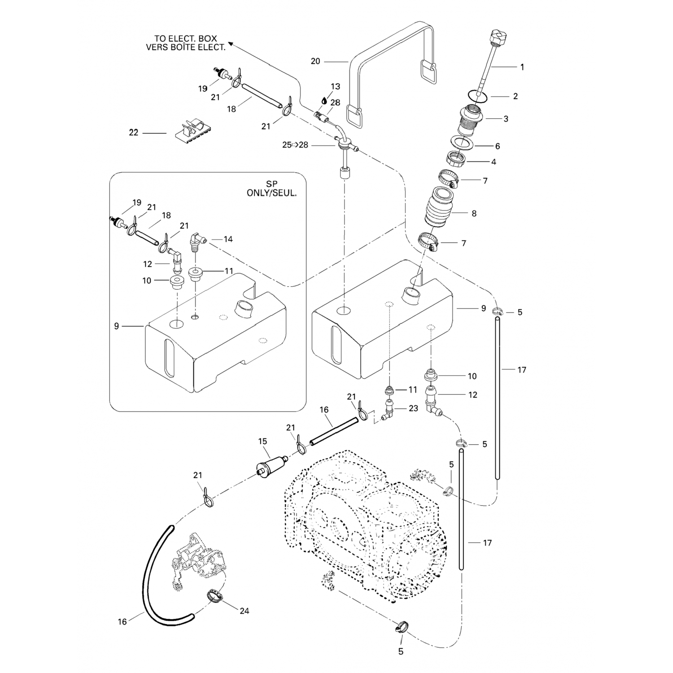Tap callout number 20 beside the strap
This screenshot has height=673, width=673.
point(315,61)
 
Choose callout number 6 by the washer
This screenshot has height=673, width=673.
point(497,146)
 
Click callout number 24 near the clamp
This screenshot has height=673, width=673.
point(245,611)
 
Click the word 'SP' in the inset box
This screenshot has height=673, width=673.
point(272,184)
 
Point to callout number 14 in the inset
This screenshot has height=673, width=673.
point(228,239)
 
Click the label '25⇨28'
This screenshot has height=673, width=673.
point(295,145)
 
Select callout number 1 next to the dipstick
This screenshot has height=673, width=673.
point(522,67)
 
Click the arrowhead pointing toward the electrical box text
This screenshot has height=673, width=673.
point(231,43)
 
